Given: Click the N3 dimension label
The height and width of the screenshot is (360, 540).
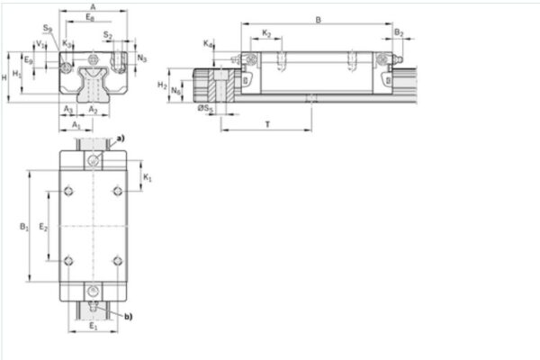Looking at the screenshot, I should tap(142, 57).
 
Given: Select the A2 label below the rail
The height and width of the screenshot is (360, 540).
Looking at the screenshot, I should tap(94, 109).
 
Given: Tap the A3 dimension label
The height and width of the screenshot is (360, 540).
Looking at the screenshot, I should tap(68, 109).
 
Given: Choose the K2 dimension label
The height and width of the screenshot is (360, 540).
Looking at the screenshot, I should tap(266, 33).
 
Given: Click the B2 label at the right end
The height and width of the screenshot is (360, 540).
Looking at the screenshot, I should tap(399, 33).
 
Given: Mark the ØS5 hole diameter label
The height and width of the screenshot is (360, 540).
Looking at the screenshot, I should tap(206, 109).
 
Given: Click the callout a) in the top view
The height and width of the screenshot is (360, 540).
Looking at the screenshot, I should tap(121, 137).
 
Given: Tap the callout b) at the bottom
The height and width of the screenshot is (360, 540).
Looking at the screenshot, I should tap(128, 316).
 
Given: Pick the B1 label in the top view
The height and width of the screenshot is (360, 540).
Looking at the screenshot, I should tap(24, 228).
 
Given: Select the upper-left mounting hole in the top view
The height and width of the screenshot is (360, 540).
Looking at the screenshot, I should tap(70, 191).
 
